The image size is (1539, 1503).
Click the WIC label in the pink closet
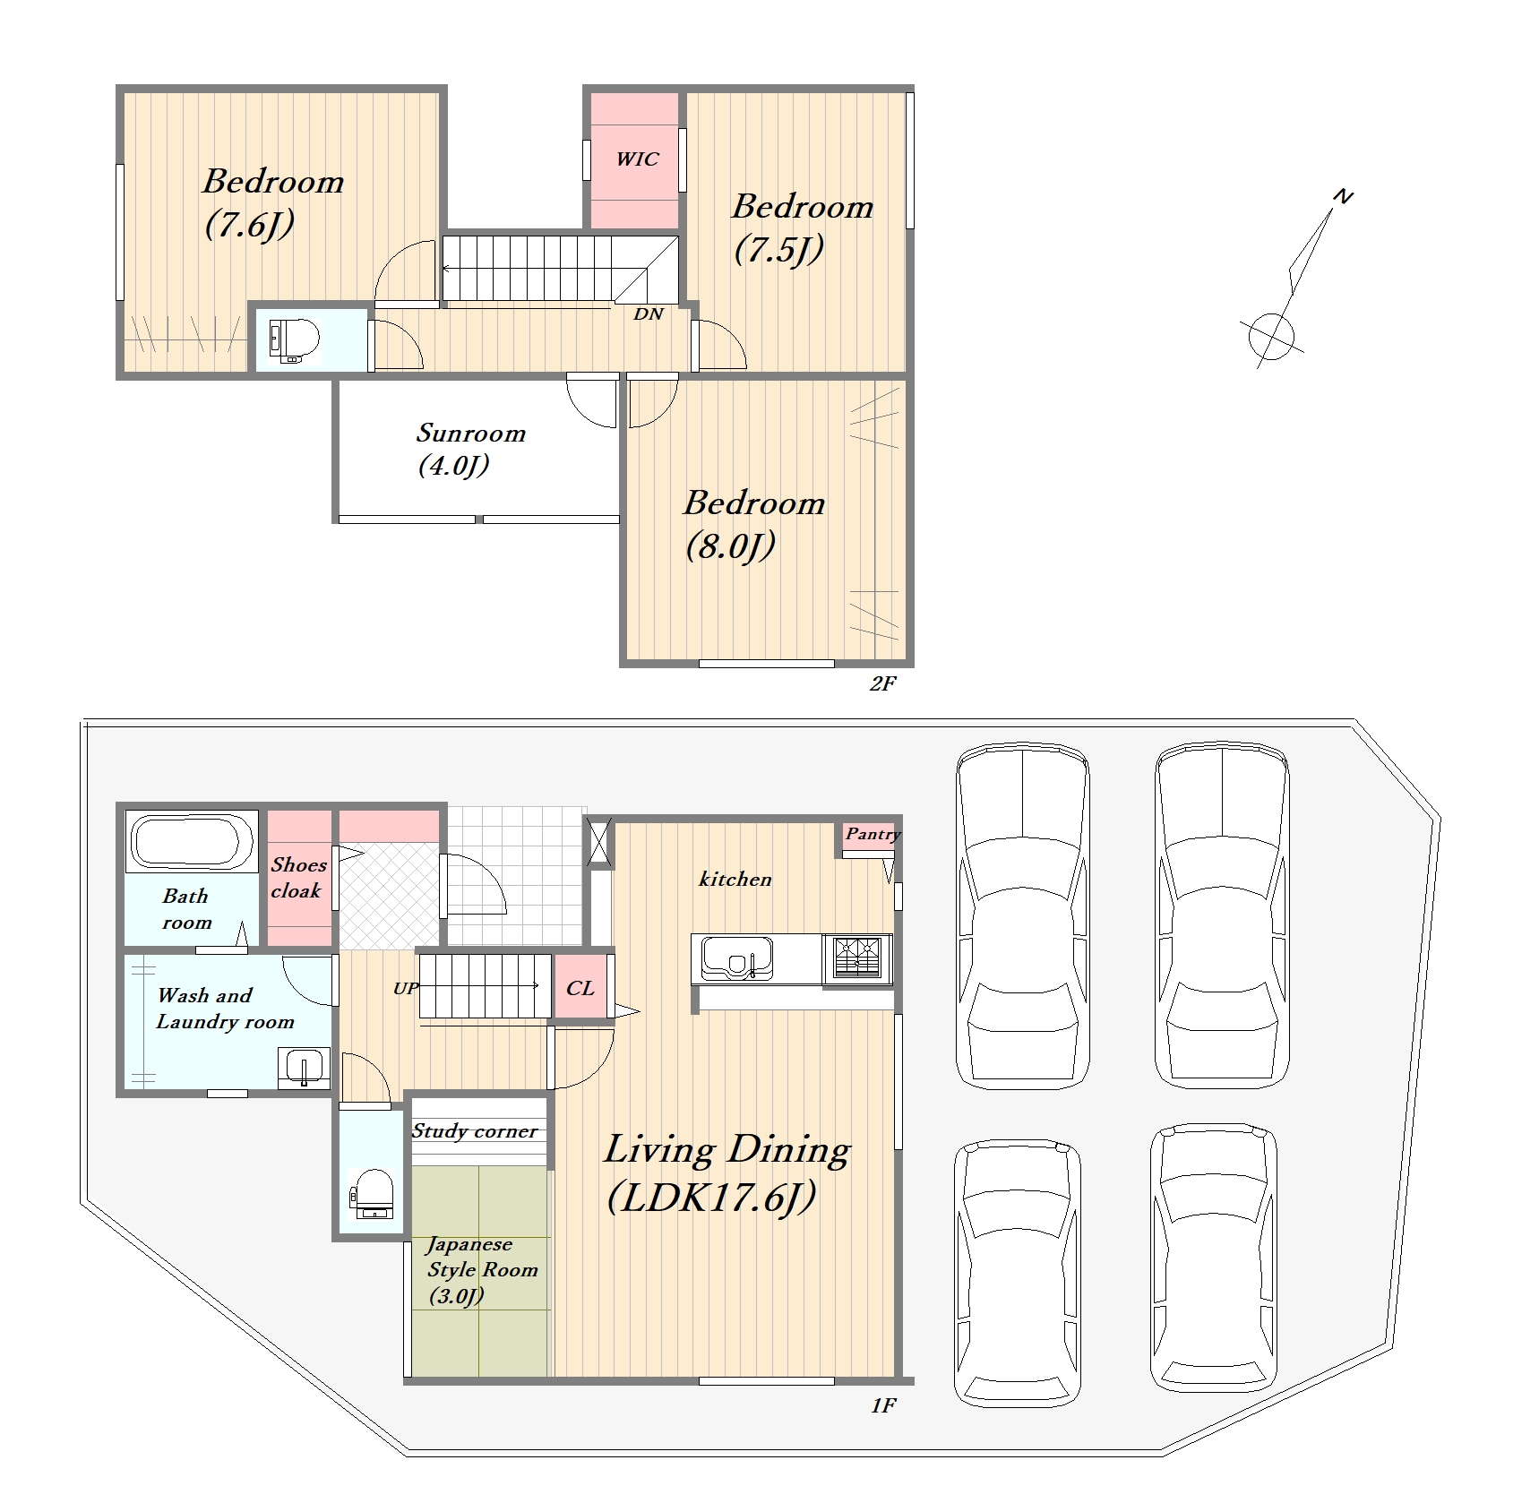pos(637,159)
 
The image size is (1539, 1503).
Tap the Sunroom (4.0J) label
pos(470,449)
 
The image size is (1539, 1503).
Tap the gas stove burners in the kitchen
pos(857,957)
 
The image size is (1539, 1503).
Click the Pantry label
pos(872,834)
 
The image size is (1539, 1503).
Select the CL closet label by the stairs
pos(580,988)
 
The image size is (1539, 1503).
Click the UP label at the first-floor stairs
pos(406,989)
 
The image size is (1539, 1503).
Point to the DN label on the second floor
pos(649,314)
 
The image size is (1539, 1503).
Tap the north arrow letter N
pos(1343,196)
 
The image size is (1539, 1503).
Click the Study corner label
pos(475,1131)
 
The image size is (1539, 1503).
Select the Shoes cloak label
pos(298,878)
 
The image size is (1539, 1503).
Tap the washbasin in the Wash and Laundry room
pos(304,1068)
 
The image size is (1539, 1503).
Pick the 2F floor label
pos(882,684)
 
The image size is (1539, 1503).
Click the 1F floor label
pos(883,1405)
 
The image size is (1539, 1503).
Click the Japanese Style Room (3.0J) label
pos(482,1270)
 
